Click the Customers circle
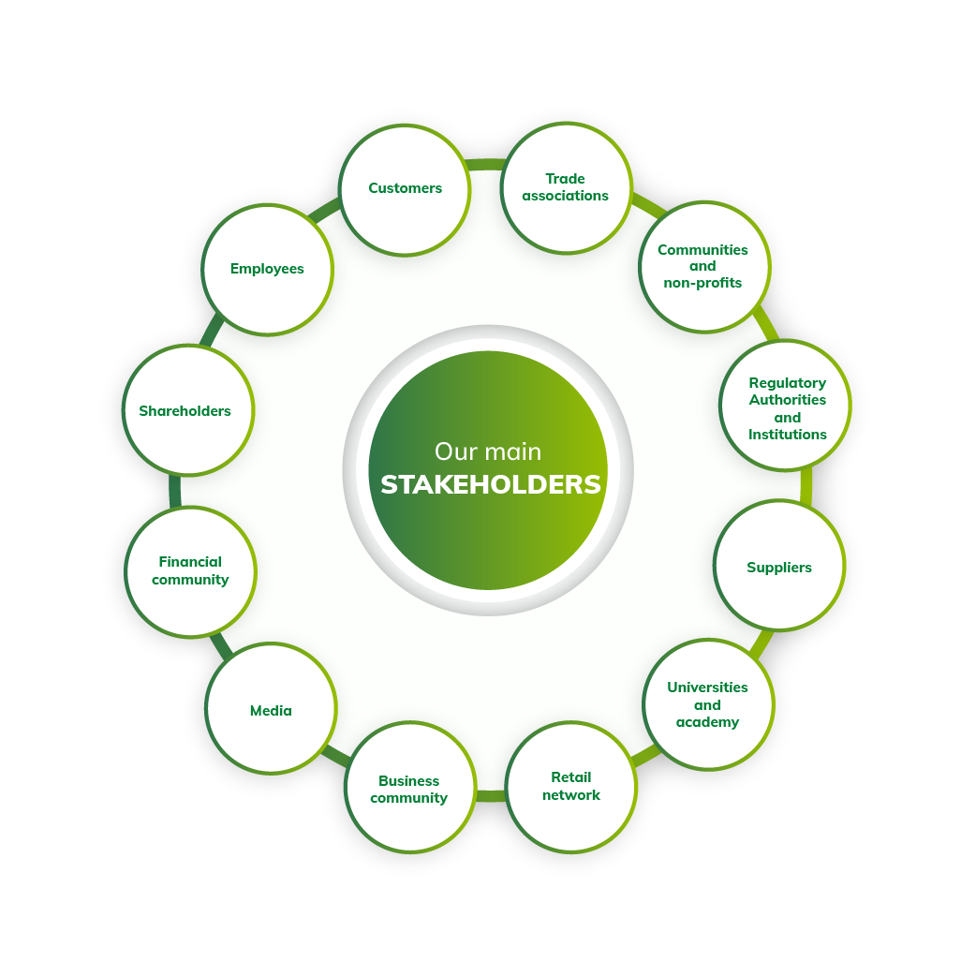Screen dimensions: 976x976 405,190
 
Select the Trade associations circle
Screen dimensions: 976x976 566,188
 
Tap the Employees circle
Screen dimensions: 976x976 267,270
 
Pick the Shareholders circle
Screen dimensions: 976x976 188,410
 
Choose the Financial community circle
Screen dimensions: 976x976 190,572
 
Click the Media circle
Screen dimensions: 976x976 271,708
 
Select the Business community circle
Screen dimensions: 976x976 410,788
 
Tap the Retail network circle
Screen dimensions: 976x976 570,788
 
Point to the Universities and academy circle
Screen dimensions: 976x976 708,704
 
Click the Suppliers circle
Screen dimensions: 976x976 779,565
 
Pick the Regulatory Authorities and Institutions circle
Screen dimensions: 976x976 786,406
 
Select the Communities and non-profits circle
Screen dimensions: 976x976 704,267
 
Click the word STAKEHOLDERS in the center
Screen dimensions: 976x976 491,484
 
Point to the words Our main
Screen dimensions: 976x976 488,451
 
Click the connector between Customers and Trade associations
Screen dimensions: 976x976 485,164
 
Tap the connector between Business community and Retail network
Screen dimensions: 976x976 491,796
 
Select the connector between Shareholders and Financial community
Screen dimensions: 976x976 175,491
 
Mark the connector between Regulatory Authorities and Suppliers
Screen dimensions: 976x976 806,485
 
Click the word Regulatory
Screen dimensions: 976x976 788,383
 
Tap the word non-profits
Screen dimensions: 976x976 702,283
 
